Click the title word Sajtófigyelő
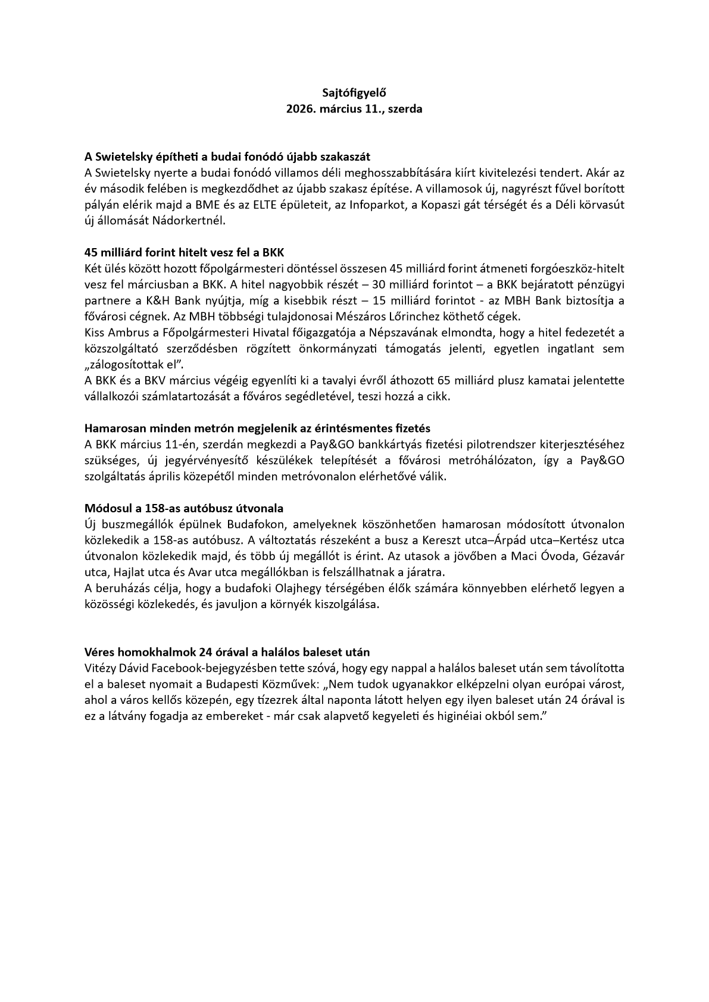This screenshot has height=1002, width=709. (x=354, y=93)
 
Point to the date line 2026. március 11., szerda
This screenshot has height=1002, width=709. (x=354, y=109)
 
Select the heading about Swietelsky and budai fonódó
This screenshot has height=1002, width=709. (x=227, y=157)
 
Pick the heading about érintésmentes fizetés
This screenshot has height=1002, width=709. (x=257, y=428)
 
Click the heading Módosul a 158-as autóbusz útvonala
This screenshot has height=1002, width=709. (x=184, y=509)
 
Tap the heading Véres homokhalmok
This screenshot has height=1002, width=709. (x=231, y=652)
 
